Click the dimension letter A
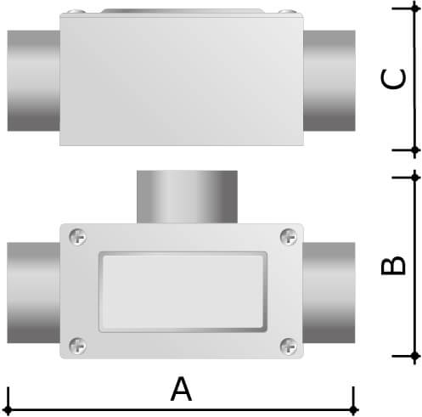pos(180,389)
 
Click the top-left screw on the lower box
pos(77,235)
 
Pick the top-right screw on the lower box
pos(288,235)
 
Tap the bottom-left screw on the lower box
pos(77,345)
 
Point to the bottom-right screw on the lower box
pos(288,345)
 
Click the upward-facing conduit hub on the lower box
pos(186,196)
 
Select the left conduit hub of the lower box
pos(33,291)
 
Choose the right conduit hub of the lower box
pos(329,291)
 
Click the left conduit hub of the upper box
pos(33,80)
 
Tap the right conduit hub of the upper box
pos(329,80)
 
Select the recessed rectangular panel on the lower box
pos(182,291)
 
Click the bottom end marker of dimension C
pos(414,149)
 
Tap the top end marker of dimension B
pos(414,176)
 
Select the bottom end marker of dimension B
pos(414,353)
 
